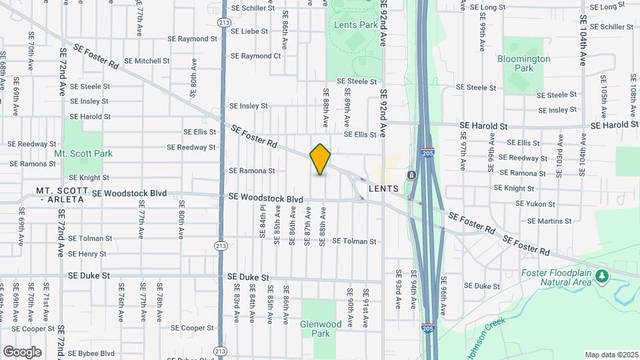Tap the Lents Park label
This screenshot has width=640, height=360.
pyautogui.click(x=355, y=25)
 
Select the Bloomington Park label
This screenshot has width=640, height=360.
pyautogui.click(x=524, y=63)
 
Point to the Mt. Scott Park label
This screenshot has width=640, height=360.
pyautogui.click(x=83, y=153)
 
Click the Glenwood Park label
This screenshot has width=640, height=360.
pyautogui.click(x=321, y=329)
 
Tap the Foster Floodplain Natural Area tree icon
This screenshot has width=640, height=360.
pyautogui.click(x=602, y=275)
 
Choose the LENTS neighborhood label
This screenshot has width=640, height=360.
pyautogui.click(x=383, y=189)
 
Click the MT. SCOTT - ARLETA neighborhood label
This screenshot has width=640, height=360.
pyautogui.click(x=63, y=195)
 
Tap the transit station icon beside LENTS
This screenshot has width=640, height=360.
pyautogui.click(x=412, y=175)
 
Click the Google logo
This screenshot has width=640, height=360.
pyautogui.click(x=22, y=351)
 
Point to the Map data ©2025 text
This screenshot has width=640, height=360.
pyautogui.click(x=611, y=355)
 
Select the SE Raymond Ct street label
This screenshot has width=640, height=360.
pyautogui.click(x=251, y=56)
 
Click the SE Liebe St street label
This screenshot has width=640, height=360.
pyautogui.click(x=245, y=31)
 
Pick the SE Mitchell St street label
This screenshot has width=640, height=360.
pyautogui.click(x=147, y=61)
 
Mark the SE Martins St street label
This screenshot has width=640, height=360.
pyautogui.click(x=549, y=221)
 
